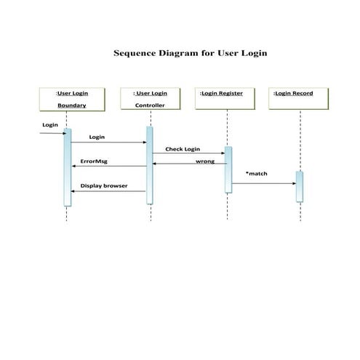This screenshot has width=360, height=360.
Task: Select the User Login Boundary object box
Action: tap(71, 99)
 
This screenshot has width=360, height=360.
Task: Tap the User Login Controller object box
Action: tap(150, 99)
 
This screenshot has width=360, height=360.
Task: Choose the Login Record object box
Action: tap(299, 99)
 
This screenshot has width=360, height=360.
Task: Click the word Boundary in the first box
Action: tap(71, 105)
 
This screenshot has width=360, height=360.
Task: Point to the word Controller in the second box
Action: tap(150, 105)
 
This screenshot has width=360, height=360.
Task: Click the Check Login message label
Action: tap(183, 148)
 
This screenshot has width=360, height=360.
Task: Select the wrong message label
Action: tap(205, 161)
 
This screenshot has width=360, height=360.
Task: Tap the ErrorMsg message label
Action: tap(93, 161)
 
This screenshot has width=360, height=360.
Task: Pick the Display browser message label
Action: tap(104, 185)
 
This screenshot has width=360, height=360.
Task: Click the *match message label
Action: tap(256, 174)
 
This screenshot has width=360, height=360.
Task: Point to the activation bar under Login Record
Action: tap(299, 186)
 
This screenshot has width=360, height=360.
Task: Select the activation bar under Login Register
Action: tap(228, 169)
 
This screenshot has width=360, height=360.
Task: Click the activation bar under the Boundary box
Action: tap(68, 167)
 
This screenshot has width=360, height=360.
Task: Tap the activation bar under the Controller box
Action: tap(149, 166)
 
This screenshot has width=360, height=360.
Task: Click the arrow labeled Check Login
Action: tap(188, 153)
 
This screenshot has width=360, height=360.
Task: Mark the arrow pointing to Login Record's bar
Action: tap(263, 183)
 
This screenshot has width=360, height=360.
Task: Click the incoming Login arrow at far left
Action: tap(51, 133)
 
